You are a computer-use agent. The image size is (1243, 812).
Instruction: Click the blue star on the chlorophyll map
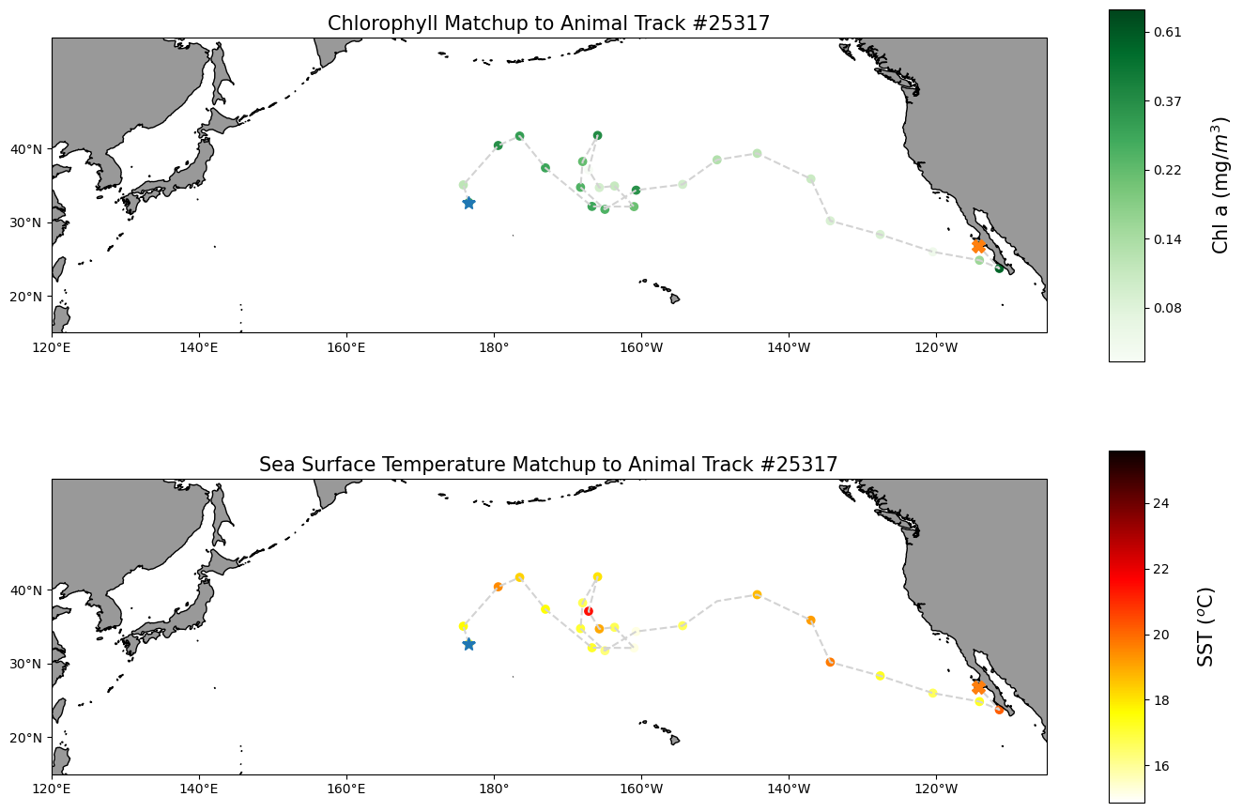pyautogui.click(x=468, y=203)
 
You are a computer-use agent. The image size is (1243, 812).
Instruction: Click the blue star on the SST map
pyautogui.click(x=468, y=644)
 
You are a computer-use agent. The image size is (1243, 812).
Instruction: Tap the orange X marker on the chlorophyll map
pyautogui.click(x=978, y=246)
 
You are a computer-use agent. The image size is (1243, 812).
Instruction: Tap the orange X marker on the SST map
pyautogui.click(x=978, y=687)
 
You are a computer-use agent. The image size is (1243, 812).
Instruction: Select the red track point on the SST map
pyautogui.click(x=589, y=611)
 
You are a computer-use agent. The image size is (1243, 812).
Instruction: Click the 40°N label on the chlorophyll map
pyautogui.click(x=26, y=149)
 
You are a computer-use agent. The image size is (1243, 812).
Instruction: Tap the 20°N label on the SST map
pyautogui.click(x=26, y=738)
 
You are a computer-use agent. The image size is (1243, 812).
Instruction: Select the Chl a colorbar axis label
pyautogui.click(x=1220, y=185)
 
